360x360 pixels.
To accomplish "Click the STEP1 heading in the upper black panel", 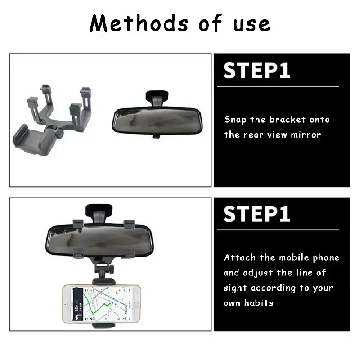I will pyautogui.click(x=257, y=71).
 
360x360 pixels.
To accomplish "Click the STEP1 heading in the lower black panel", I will pyautogui.click(x=257, y=215).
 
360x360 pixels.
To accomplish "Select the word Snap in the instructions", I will pyautogui.click(x=235, y=120).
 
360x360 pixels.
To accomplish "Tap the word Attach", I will pyautogui.click(x=239, y=258).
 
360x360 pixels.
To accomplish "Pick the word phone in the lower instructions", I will pyautogui.click(x=326, y=258).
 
